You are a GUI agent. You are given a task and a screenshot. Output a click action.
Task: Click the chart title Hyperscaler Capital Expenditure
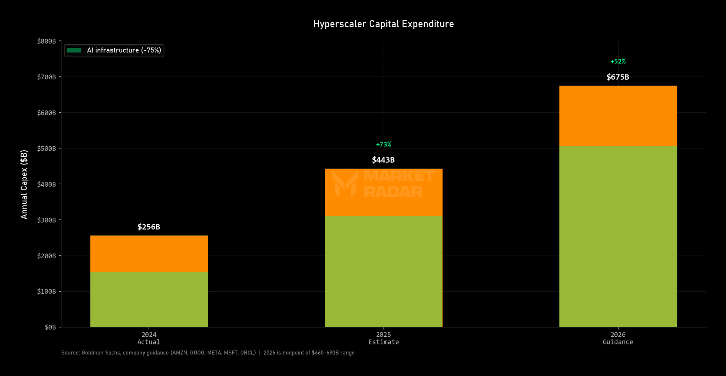[383, 24]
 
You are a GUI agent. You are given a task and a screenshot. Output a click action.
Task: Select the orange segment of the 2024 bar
[149, 253]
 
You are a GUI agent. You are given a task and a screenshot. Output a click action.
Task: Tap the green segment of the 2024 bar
[149, 299]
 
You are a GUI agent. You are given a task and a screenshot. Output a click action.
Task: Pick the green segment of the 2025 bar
[384, 271]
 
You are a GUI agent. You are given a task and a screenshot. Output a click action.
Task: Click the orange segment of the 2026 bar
[618, 116]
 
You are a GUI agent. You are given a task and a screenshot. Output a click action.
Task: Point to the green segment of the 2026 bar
[618, 236]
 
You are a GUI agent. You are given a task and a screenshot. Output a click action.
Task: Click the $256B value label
[149, 227]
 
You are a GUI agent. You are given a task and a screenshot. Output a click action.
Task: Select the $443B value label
[383, 160]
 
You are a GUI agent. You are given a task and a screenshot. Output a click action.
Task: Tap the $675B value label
[618, 77]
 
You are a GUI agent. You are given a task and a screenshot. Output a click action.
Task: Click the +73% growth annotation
[383, 144]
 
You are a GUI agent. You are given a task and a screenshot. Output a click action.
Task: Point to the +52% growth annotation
[618, 61]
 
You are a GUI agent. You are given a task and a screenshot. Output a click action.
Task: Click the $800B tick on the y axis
[46, 41]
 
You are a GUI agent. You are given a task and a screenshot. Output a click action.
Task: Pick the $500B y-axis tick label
[46, 148]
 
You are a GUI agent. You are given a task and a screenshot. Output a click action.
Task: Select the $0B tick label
[50, 327]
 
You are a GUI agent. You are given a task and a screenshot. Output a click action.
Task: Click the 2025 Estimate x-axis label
[384, 338]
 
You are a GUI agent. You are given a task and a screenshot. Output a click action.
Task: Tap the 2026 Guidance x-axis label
[618, 338]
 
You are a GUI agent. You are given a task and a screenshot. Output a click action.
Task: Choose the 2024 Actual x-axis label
[149, 338]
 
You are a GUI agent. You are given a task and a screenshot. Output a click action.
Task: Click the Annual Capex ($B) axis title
[24, 184]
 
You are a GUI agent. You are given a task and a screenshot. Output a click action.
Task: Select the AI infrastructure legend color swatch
[74, 50]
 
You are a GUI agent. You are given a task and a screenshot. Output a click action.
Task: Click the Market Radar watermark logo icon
[345, 184]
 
